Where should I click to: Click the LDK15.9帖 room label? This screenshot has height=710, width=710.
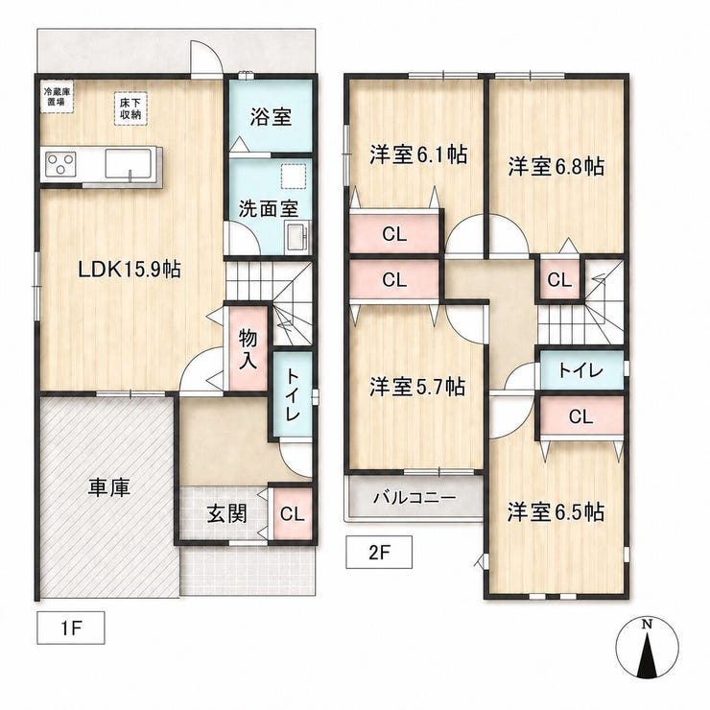130,271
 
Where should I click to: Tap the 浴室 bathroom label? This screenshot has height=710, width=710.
271,117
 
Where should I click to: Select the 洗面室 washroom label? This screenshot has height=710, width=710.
269,209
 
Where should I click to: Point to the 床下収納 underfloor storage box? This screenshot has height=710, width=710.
130,108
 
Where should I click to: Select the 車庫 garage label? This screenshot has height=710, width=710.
109,487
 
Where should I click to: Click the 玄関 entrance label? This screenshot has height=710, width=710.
226,513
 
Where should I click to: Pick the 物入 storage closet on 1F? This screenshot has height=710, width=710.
248,349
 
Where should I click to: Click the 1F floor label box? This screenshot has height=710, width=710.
71,628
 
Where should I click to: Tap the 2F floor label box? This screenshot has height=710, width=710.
379,552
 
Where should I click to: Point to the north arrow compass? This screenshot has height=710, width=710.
648,648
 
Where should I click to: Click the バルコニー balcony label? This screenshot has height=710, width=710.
414,498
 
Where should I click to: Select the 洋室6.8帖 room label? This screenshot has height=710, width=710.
556,166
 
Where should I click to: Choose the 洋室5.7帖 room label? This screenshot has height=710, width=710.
417,388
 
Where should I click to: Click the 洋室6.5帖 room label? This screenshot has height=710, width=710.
556,512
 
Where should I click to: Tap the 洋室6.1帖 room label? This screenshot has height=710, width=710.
418,154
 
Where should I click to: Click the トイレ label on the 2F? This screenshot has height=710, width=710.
580,371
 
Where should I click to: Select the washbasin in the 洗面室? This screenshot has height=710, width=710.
296,237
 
